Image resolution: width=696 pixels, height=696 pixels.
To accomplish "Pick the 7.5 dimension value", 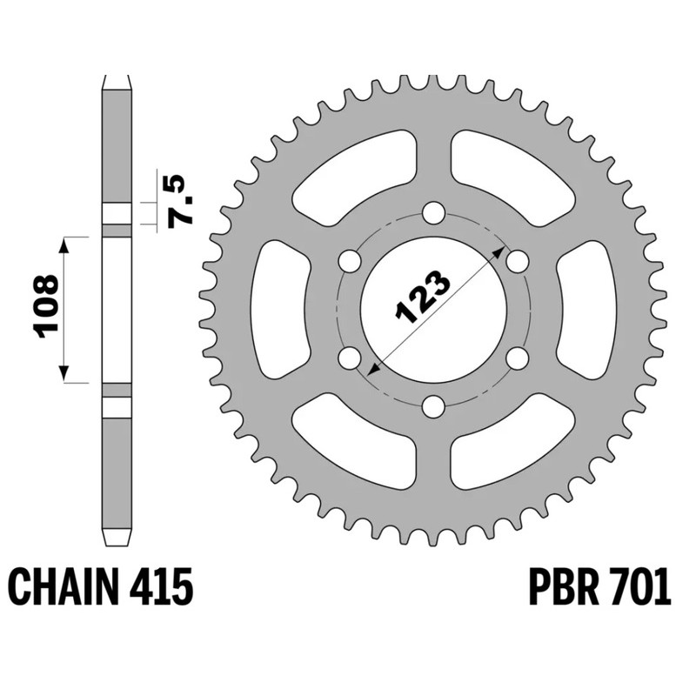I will point(184,199).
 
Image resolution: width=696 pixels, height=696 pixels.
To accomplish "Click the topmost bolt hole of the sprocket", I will point(433,213).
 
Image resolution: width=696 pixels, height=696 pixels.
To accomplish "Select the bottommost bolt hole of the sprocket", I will point(433,406).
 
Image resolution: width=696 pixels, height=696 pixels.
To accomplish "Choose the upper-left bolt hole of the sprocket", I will point(350,261).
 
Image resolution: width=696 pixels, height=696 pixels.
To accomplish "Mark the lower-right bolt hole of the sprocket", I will point(517,358).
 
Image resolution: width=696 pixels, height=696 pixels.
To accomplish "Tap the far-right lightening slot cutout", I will point(588,310).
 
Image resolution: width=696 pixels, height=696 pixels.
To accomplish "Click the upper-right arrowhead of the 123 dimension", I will point(499,251).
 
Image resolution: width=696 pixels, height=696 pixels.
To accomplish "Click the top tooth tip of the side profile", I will point(117,81).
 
